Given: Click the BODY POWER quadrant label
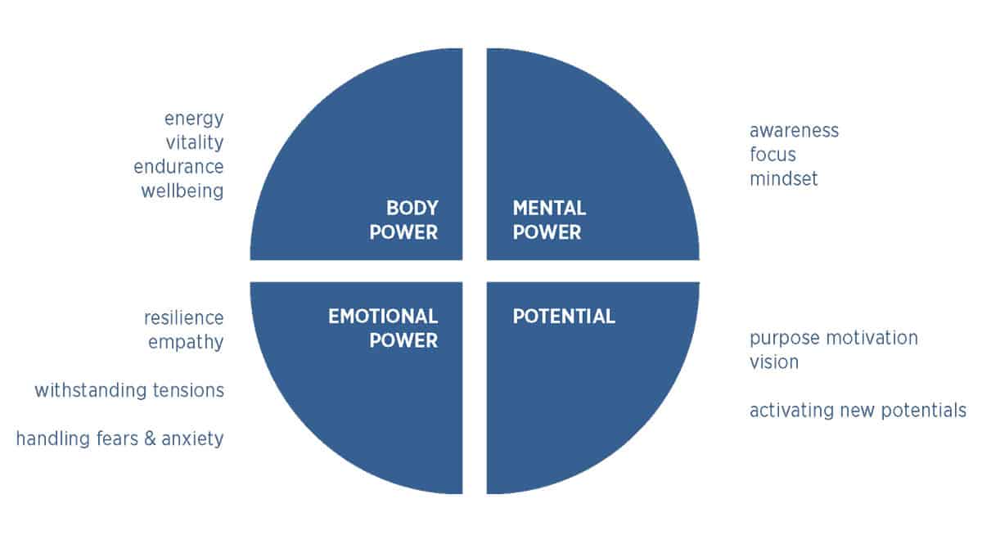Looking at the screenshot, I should pyautogui.click(x=403, y=220).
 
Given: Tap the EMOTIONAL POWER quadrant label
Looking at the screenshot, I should pyautogui.click(x=383, y=328).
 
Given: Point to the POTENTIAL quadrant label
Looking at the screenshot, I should pyautogui.click(x=564, y=317).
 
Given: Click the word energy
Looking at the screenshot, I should pyautogui.click(x=194, y=119).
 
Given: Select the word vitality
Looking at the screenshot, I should pyautogui.click(x=194, y=142).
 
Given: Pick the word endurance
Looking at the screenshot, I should pyautogui.click(x=179, y=167).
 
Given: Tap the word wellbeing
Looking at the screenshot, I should pyautogui.click(x=182, y=191).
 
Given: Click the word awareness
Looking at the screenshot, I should pyautogui.click(x=794, y=130).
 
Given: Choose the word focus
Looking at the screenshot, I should pyautogui.click(x=773, y=155).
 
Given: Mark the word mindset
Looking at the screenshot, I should pyautogui.click(x=783, y=178).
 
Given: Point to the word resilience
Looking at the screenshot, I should pyautogui.click(x=183, y=317).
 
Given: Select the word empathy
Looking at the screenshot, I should pyautogui.click(x=186, y=342).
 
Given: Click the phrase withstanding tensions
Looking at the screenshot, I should pyautogui.click(x=129, y=390).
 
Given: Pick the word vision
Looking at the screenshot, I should pyautogui.click(x=773, y=362).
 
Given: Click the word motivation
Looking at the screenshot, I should pyautogui.click(x=870, y=338).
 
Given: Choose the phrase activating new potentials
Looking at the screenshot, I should pyautogui.click(x=858, y=411).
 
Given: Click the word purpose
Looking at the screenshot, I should pyautogui.click(x=782, y=338).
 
